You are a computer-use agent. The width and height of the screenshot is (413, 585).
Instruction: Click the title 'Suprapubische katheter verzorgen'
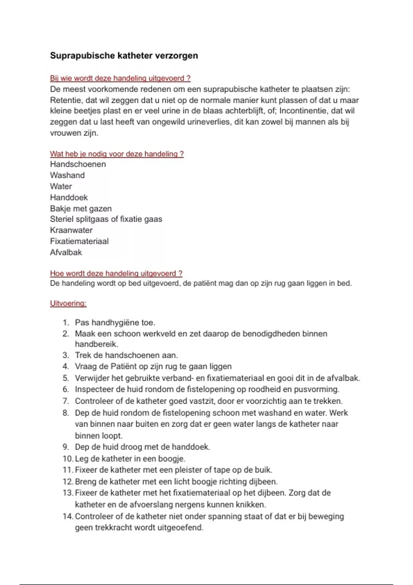coord(124,56)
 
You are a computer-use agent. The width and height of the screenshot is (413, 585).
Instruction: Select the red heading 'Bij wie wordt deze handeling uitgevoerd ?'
coord(120,78)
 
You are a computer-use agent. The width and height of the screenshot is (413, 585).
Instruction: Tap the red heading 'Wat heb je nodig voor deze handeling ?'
coord(117,154)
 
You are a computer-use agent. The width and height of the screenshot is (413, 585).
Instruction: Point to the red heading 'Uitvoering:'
coord(68,304)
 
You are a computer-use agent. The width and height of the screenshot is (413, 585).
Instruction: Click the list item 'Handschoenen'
coord(78,164)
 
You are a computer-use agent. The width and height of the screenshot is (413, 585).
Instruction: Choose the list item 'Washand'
coord(67,175)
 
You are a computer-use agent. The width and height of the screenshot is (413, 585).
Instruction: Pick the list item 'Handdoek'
coord(69,198)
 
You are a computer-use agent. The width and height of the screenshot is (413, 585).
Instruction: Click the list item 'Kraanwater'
coord(71,230)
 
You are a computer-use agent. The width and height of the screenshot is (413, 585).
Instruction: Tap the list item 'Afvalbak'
coord(66,252)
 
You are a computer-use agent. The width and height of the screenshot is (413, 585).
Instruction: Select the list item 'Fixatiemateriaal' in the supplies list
coord(79,241)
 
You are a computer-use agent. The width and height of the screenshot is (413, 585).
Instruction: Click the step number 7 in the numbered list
coord(66,401)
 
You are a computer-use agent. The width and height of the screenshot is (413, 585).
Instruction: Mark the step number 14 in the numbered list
coord(68,517)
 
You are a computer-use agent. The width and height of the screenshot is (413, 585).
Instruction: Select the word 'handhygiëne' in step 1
coord(115,323)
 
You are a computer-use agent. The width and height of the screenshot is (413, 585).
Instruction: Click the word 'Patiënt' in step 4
coord(126,366)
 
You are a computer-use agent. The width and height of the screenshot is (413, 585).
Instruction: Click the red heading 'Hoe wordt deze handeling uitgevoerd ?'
coord(116,274)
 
